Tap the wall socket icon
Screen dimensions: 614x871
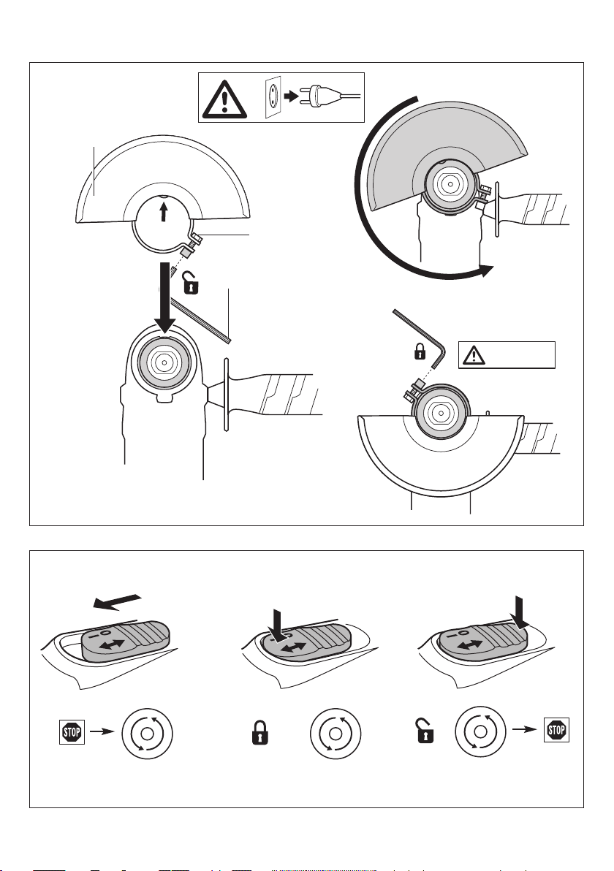click(x=273, y=98)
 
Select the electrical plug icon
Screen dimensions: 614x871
click(x=329, y=96)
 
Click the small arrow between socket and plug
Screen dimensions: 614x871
click(x=291, y=96)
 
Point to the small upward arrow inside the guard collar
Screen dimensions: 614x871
click(x=163, y=211)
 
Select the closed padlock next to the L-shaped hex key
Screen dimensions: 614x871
click(x=420, y=351)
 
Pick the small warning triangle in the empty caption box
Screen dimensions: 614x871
click(x=474, y=355)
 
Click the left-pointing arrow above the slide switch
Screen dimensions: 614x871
click(x=118, y=602)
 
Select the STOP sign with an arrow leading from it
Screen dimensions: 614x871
click(x=72, y=731)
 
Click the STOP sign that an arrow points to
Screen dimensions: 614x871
click(x=556, y=730)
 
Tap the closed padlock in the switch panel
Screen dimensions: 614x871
click(x=259, y=733)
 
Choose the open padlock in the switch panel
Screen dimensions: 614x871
click(x=425, y=731)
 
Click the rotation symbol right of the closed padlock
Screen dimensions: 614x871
click(x=336, y=734)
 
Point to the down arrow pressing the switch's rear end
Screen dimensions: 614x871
click(x=520, y=614)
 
